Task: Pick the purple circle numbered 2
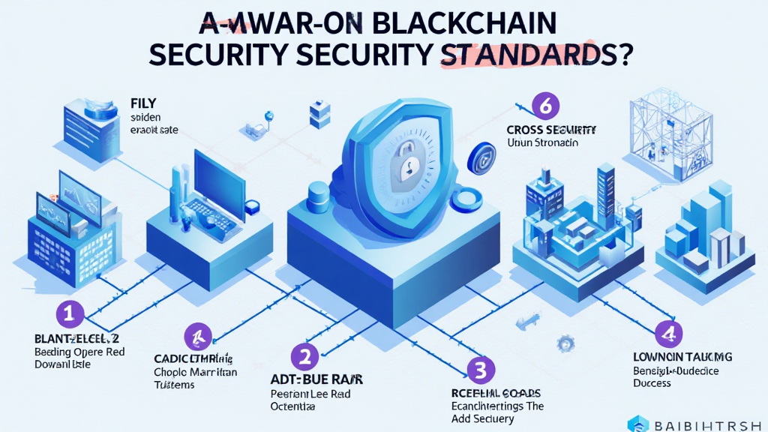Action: (304, 356)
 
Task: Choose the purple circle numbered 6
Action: (545, 107)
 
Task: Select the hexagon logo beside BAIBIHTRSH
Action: (638, 424)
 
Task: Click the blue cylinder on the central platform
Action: (319, 193)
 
